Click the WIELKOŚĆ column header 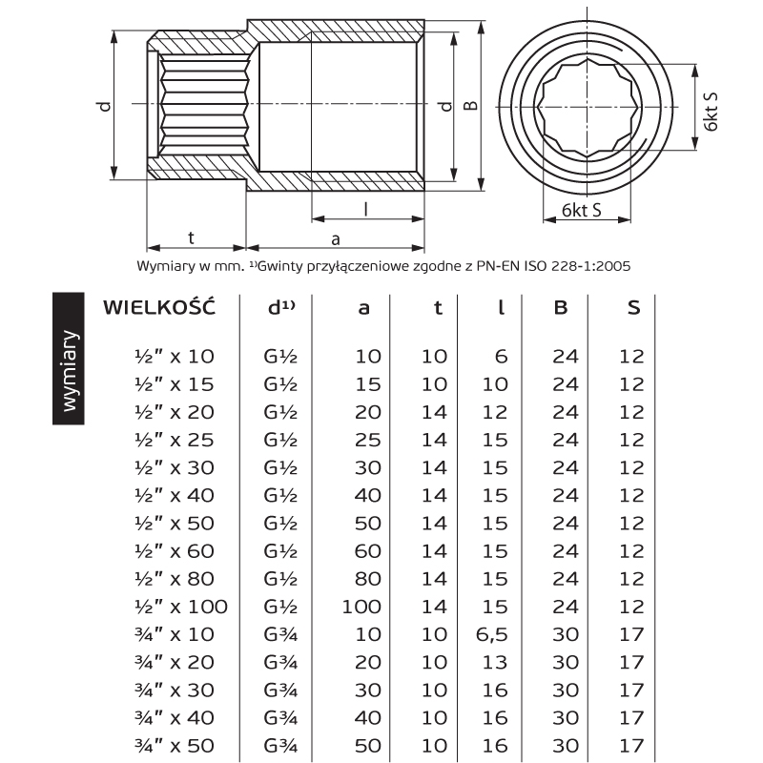point(159,306)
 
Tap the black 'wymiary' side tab point(69,359)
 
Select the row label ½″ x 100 point(181,607)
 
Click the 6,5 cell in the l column point(491,634)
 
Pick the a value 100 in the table point(361,607)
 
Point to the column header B point(561,307)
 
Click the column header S point(633,307)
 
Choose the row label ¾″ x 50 point(175,746)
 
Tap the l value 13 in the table point(495,662)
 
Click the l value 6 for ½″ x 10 point(502,357)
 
